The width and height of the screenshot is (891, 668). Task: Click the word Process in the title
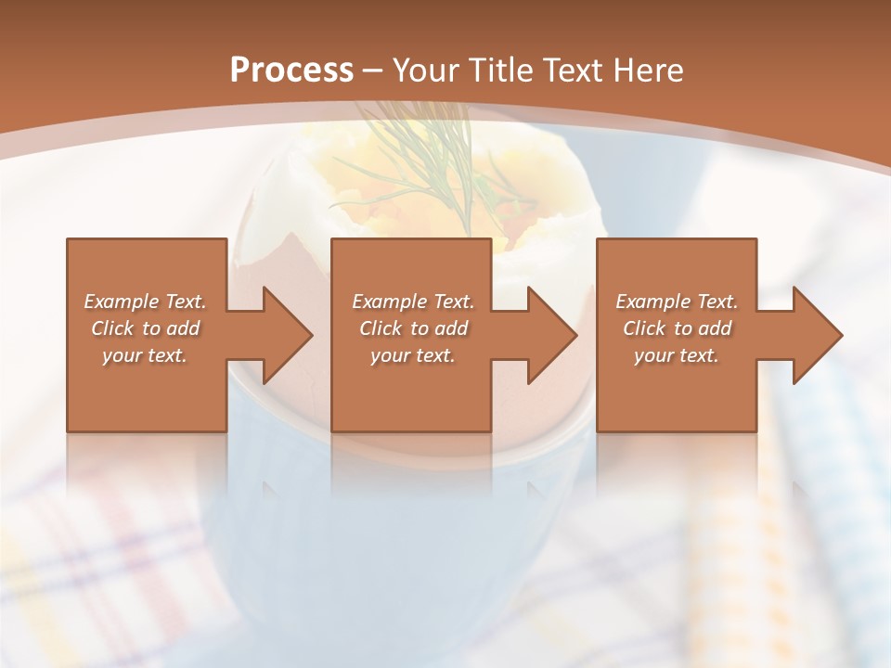point(291,71)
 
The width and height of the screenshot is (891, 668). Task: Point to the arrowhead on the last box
point(811,336)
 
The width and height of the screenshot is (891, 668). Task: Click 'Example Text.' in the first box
point(146,302)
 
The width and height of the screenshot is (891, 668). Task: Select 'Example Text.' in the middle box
point(413,302)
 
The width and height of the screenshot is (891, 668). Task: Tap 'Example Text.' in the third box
point(677,302)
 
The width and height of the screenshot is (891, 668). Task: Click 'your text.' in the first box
point(146,355)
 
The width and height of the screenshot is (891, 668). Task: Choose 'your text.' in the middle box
point(413,355)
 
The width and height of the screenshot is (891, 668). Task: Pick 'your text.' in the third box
point(677,355)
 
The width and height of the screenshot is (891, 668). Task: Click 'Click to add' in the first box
point(146,328)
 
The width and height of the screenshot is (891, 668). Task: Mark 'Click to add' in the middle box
point(413,328)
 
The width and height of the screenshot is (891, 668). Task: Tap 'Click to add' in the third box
point(677,328)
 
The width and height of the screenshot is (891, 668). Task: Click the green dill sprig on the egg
point(436,172)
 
